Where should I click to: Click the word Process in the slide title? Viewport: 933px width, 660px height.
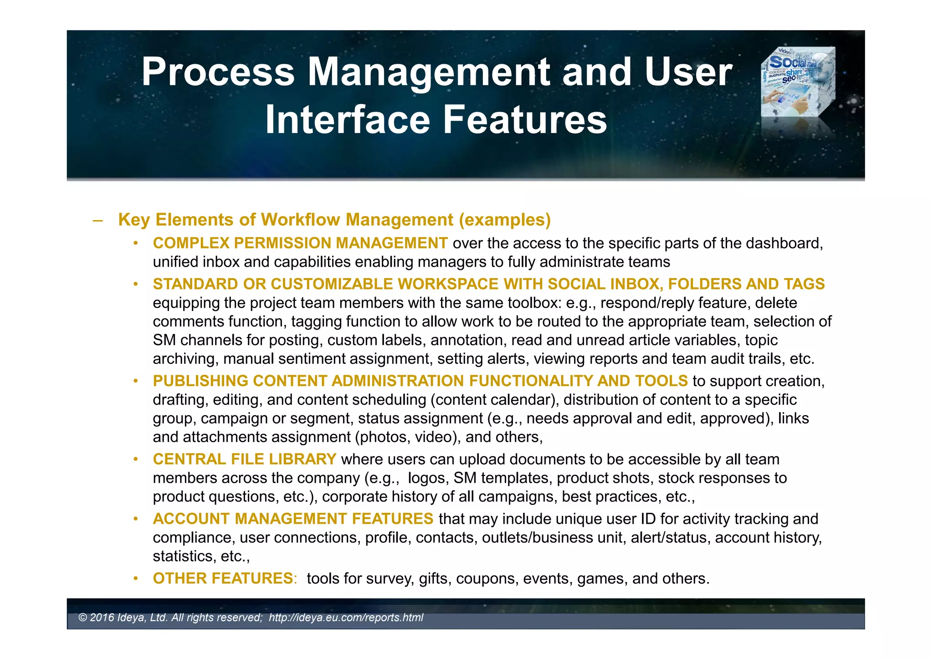[x=218, y=72]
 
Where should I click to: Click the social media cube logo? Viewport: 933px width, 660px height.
[x=798, y=82]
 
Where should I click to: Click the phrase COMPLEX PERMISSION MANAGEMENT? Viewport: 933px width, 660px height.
[x=300, y=243]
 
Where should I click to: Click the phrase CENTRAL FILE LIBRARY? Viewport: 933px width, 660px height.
[x=245, y=459]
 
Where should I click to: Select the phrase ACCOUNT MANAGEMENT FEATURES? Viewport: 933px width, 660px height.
[x=293, y=519]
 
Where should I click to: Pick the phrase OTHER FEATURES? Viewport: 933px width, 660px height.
[x=223, y=578]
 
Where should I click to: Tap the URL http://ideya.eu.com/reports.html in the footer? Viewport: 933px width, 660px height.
[x=346, y=618]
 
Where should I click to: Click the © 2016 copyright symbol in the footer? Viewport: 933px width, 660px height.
[x=82, y=618]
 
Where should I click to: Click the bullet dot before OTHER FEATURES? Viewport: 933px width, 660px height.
[x=135, y=578]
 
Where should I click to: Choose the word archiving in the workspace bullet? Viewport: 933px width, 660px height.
[x=185, y=359]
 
